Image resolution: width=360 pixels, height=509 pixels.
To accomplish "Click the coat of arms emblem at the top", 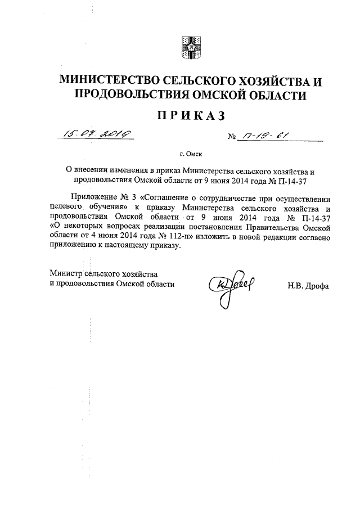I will click(190, 47).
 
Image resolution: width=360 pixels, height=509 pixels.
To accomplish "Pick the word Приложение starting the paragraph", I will click(93, 199).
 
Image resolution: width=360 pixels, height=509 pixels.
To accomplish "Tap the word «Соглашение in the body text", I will click(170, 199).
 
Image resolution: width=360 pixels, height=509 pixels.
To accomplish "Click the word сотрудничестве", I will click(242, 199).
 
